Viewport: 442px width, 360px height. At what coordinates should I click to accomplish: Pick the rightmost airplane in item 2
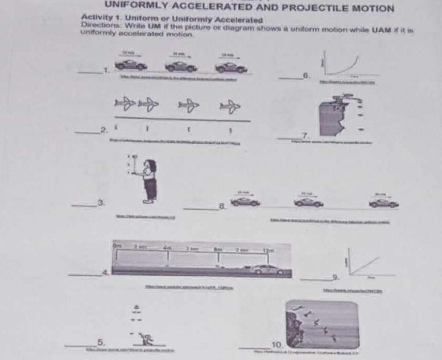click(230, 107)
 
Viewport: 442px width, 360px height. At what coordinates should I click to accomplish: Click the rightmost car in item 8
click(384, 203)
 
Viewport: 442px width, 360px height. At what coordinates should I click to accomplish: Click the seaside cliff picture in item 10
click(322, 325)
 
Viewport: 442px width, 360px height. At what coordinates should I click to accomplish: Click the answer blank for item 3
click(84, 206)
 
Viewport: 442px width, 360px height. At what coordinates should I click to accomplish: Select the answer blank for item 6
click(290, 78)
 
